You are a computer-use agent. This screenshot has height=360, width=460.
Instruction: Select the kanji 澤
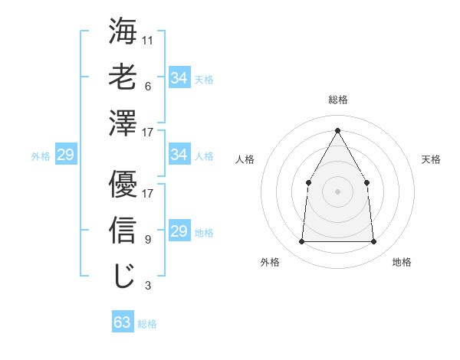pyautogui.click(x=123, y=123)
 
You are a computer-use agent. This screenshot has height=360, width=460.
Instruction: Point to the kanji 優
pyautogui.click(x=123, y=184)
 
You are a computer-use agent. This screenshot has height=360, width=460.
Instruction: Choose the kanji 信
pyautogui.click(x=123, y=230)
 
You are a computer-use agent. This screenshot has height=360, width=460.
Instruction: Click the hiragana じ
pyautogui.click(x=123, y=276)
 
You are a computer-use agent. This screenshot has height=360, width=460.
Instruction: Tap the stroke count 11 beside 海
pyautogui.click(x=148, y=39)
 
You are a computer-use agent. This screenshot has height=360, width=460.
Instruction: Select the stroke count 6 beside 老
pyautogui.click(x=147, y=86)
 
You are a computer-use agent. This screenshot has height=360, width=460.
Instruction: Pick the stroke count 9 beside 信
pyautogui.click(x=147, y=240)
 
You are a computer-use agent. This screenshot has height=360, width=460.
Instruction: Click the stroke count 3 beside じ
pyautogui.click(x=147, y=286)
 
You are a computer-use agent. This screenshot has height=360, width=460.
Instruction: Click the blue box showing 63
pyautogui.click(x=123, y=322)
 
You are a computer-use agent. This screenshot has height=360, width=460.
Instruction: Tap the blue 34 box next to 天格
pyautogui.click(x=179, y=78)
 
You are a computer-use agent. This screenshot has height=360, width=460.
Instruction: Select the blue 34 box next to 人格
pyautogui.click(x=179, y=155)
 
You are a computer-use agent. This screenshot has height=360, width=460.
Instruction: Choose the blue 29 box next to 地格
pyautogui.click(x=179, y=231)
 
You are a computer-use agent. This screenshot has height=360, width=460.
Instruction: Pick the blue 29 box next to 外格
pyautogui.click(x=65, y=155)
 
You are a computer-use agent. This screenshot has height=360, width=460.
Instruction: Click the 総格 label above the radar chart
pyautogui.click(x=337, y=100)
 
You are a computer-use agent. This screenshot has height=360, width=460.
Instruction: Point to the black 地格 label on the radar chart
pyautogui.click(x=402, y=262)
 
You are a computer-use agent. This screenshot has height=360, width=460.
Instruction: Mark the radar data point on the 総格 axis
pyautogui.click(x=337, y=129)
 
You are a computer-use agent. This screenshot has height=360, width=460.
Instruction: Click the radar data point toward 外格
pyautogui.click(x=301, y=242)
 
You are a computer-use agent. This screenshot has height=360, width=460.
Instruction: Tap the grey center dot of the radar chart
pyautogui.click(x=337, y=191)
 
